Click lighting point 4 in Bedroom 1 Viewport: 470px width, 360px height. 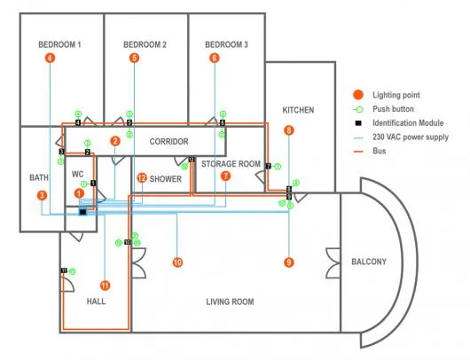tap(50, 58)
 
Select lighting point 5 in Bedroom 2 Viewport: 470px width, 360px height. tap(134, 58)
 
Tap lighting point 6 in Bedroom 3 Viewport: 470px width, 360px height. tap(214, 58)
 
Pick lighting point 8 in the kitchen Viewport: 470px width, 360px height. tap(288, 130)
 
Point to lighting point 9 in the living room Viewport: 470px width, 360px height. tap(288, 262)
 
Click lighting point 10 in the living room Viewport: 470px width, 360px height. tap(177, 262)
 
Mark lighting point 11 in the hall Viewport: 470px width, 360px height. tap(105, 285)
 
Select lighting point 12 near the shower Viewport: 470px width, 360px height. tap(142, 177)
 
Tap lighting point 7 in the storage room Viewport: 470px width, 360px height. tap(226, 176)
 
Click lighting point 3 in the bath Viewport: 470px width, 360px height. tap(41, 194)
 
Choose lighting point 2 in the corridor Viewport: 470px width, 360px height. tap(115, 141)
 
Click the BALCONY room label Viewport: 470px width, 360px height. tap(368, 262)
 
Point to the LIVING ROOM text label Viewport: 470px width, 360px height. tap(230, 302)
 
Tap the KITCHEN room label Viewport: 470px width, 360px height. tap(298, 110)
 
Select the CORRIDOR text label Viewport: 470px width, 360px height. tap(168, 142)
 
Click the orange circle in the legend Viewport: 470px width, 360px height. tap(356, 95)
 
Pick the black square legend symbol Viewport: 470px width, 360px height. tap(356, 123)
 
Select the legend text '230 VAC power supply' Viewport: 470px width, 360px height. tap(411, 137)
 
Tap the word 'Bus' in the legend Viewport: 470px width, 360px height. tap(380, 151)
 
